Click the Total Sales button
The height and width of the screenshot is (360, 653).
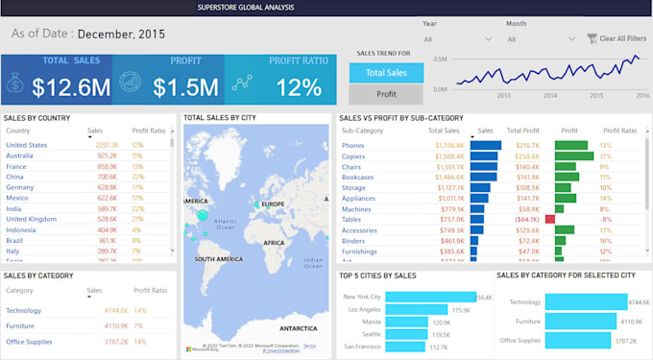pyautogui.click(x=385, y=72)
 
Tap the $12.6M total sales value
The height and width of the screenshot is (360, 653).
pyautogui.click(x=71, y=87)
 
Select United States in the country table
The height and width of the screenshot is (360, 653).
pyautogui.click(x=26, y=145)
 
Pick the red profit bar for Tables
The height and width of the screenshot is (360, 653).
pyautogui.click(x=549, y=219)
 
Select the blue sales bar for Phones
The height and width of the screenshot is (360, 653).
pyautogui.click(x=486, y=145)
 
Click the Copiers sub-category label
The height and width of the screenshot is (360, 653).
pyautogui.click(x=354, y=156)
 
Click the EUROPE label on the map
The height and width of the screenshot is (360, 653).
pyautogui.click(x=273, y=204)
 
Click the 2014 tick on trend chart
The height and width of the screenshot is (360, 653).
pyautogui.click(x=550, y=96)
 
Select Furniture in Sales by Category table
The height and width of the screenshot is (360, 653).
pyautogui.click(x=21, y=325)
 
